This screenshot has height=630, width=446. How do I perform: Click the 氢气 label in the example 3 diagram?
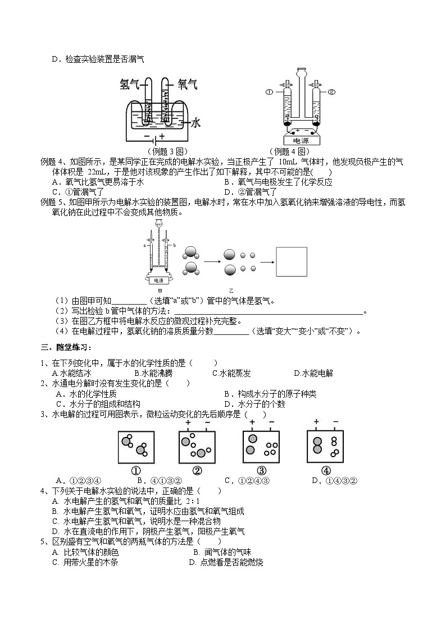point(130,84)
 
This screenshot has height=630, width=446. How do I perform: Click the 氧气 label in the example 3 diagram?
point(188,84)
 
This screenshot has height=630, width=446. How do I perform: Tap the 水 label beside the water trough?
point(197,122)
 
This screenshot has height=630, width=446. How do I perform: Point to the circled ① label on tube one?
point(269,92)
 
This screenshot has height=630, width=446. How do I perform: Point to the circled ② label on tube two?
point(331,92)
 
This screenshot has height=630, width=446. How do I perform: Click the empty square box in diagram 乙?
point(292,261)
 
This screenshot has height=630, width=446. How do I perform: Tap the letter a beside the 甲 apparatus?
point(144,245)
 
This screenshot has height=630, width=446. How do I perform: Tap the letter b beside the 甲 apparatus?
point(175,245)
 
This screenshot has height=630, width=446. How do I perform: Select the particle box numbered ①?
point(135,447)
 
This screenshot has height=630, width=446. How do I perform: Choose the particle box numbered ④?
point(326,447)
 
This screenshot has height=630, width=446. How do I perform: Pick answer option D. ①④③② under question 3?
point(335,480)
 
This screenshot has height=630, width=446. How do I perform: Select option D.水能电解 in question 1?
point(313,373)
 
